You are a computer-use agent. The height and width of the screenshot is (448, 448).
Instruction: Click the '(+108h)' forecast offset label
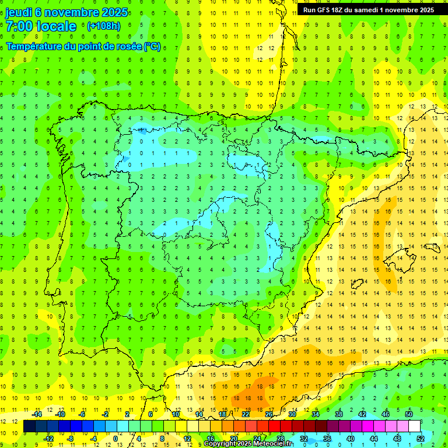tap(104, 26)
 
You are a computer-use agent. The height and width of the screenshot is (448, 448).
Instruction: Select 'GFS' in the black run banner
tap(325, 10)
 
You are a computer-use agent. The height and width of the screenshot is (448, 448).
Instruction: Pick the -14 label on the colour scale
tap(36, 414)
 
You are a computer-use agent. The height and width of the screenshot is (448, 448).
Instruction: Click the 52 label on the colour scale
tap(421, 438)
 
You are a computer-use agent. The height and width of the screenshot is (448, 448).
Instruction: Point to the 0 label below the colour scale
tap(116, 438)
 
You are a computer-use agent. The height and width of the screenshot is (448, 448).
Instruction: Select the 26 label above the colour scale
tap(269, 414)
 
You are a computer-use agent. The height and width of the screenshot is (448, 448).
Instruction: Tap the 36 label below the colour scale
tap(327, 438)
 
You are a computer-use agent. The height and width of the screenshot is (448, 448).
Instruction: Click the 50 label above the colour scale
tap(409, 414)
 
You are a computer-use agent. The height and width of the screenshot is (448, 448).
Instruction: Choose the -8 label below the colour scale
tap(70, 438)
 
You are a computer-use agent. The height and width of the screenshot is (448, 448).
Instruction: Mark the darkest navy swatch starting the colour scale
tap(29, 426)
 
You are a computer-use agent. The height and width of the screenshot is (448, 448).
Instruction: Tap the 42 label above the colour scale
tap(362, 414)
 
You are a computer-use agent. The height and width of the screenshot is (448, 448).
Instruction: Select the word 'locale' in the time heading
tap(56, 26)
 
